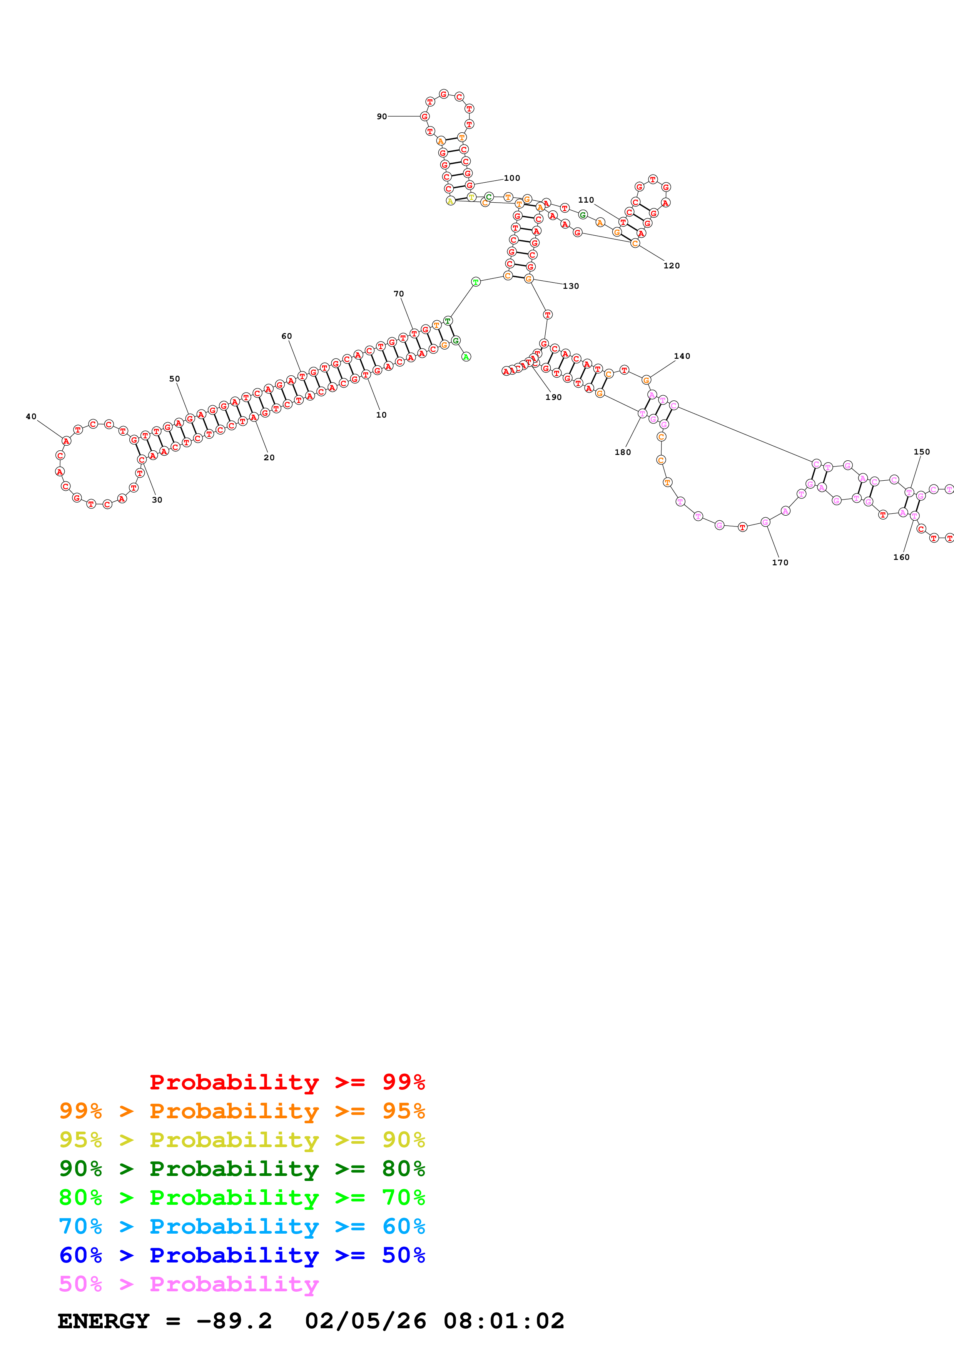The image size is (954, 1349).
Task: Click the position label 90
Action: (x=381, y=117)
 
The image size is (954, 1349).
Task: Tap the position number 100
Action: (x=511, y=178)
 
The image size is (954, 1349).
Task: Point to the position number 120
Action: (x=671, y=266)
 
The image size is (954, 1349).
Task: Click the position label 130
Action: (x=571, y=286)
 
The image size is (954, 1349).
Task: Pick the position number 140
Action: (x=682, y=356)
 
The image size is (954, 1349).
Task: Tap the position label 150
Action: (x=922, y=452)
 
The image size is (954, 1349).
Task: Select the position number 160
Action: (x=901, y=557)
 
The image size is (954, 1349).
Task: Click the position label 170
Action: (x=780, y=562)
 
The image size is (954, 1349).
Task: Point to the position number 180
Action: (x=623, y=452)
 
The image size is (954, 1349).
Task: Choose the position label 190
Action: (x=553, y=397)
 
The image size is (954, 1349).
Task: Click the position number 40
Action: (x=31, y=416)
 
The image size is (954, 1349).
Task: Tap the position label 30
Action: (x=157, y=500)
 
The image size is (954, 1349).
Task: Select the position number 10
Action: (x=381, y=415)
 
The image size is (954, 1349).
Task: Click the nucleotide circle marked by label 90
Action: (x=424, y=117)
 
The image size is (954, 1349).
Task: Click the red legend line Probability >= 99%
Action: (x=287, y=1082)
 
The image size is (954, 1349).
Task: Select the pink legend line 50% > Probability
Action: (x=188, y=1284)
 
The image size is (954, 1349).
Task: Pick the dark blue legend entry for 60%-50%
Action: (x=242, y=1255)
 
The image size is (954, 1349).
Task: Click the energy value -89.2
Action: (x=234, y=1321)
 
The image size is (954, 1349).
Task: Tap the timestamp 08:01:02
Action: (x=504, y=1321)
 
